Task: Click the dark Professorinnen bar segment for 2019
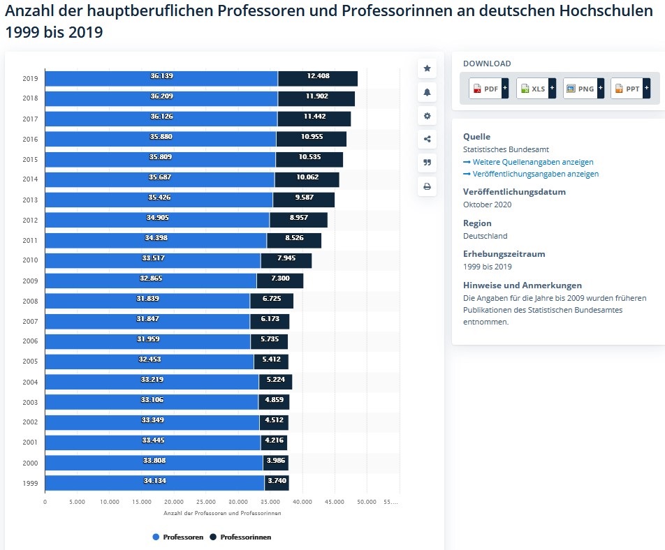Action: [x=318, y=78]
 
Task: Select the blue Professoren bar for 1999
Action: [x=154, y=483]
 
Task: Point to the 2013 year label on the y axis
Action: [x=30, y=200]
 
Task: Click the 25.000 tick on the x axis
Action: [x=205, y=501]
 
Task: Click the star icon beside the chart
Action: [x=427, y=68]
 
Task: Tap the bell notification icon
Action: [x=427, y=92]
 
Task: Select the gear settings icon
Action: [x=427, y=116]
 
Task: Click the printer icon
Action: [x=427, y=186]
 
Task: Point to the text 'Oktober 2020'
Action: [x=487, y=205]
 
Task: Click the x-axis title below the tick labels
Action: [x=222, y=513]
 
